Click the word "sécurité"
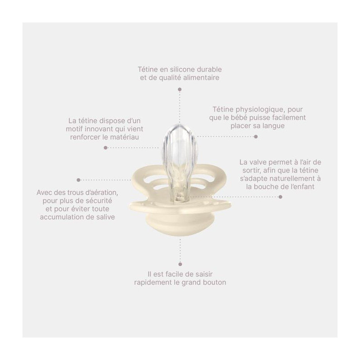(99, 201)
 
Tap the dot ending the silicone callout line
(180, 89)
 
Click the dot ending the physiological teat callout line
(256, 137)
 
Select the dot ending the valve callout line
(280, 197)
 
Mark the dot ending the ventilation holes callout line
(78, 180)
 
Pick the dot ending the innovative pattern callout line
(106, 148)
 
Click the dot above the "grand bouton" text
(180, 264)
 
